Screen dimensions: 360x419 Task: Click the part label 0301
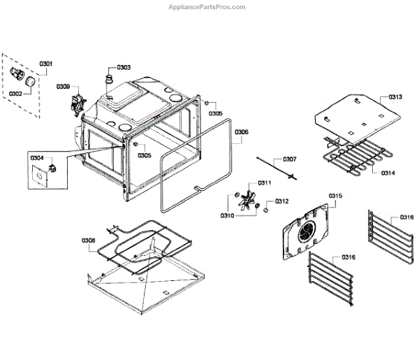pyautogui.click(x=46, y=64)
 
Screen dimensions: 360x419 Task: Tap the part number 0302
pyautogui.click(x=15, y=92)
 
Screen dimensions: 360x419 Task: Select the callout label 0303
pyautogui.click(x=124, y=67)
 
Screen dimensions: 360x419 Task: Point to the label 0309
pyautogui.click(x=63, y=87)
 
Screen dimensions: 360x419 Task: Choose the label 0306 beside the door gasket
pyautogui.click(x=241, y=131)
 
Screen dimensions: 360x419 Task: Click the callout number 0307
pyautogui.click(x=289, y=159)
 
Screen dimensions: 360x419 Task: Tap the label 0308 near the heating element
pyautogui.click(x=89, y=240)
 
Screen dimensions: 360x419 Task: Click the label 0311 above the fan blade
pyautogui.click(x=264, y=183)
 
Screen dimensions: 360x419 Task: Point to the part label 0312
pyautogui.click(x=281, y=201)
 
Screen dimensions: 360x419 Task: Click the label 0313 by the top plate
pyautogui.click(x=395, y=97)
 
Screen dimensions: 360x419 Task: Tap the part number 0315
pyautogui.click(x=335, y=195)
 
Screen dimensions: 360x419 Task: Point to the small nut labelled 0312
pyautogui.click(x=267, y=207)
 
